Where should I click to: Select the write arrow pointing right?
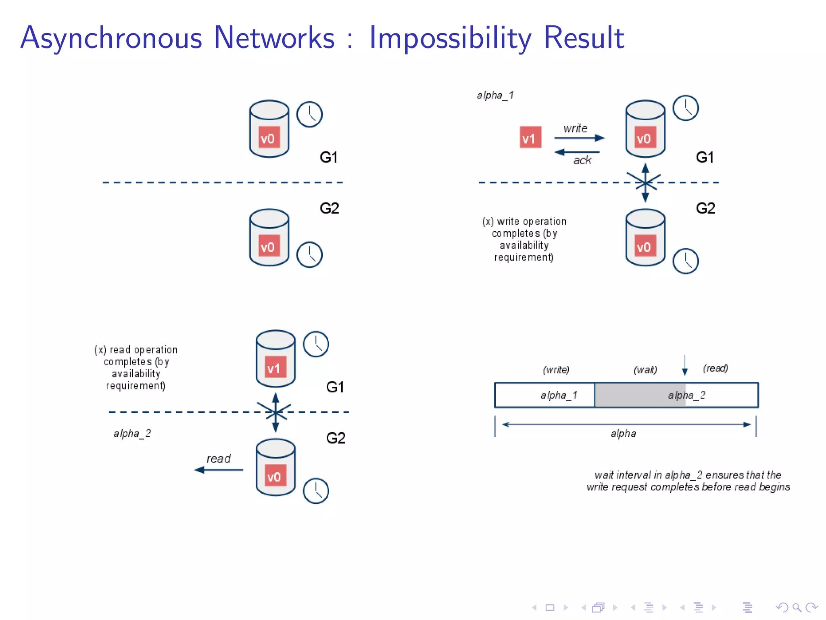(579, 138)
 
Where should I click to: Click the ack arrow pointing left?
(577, 152)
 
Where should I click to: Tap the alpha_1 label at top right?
(495, 95)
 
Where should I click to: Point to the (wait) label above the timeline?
(645, 370)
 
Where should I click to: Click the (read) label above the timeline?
(715, 368)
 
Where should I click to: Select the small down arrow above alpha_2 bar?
(684, 365)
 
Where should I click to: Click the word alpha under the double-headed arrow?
(623, 434)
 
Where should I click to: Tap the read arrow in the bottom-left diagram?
(219, 470)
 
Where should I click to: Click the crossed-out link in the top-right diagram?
(645, 182)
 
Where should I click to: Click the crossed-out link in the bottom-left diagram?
(275, 412)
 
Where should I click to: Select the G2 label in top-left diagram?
(329, 208)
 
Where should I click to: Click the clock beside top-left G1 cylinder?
(309, 114)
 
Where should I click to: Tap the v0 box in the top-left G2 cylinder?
(269, 246)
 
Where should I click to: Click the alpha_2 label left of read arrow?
(132, 434)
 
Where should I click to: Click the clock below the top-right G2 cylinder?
(685, 261)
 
